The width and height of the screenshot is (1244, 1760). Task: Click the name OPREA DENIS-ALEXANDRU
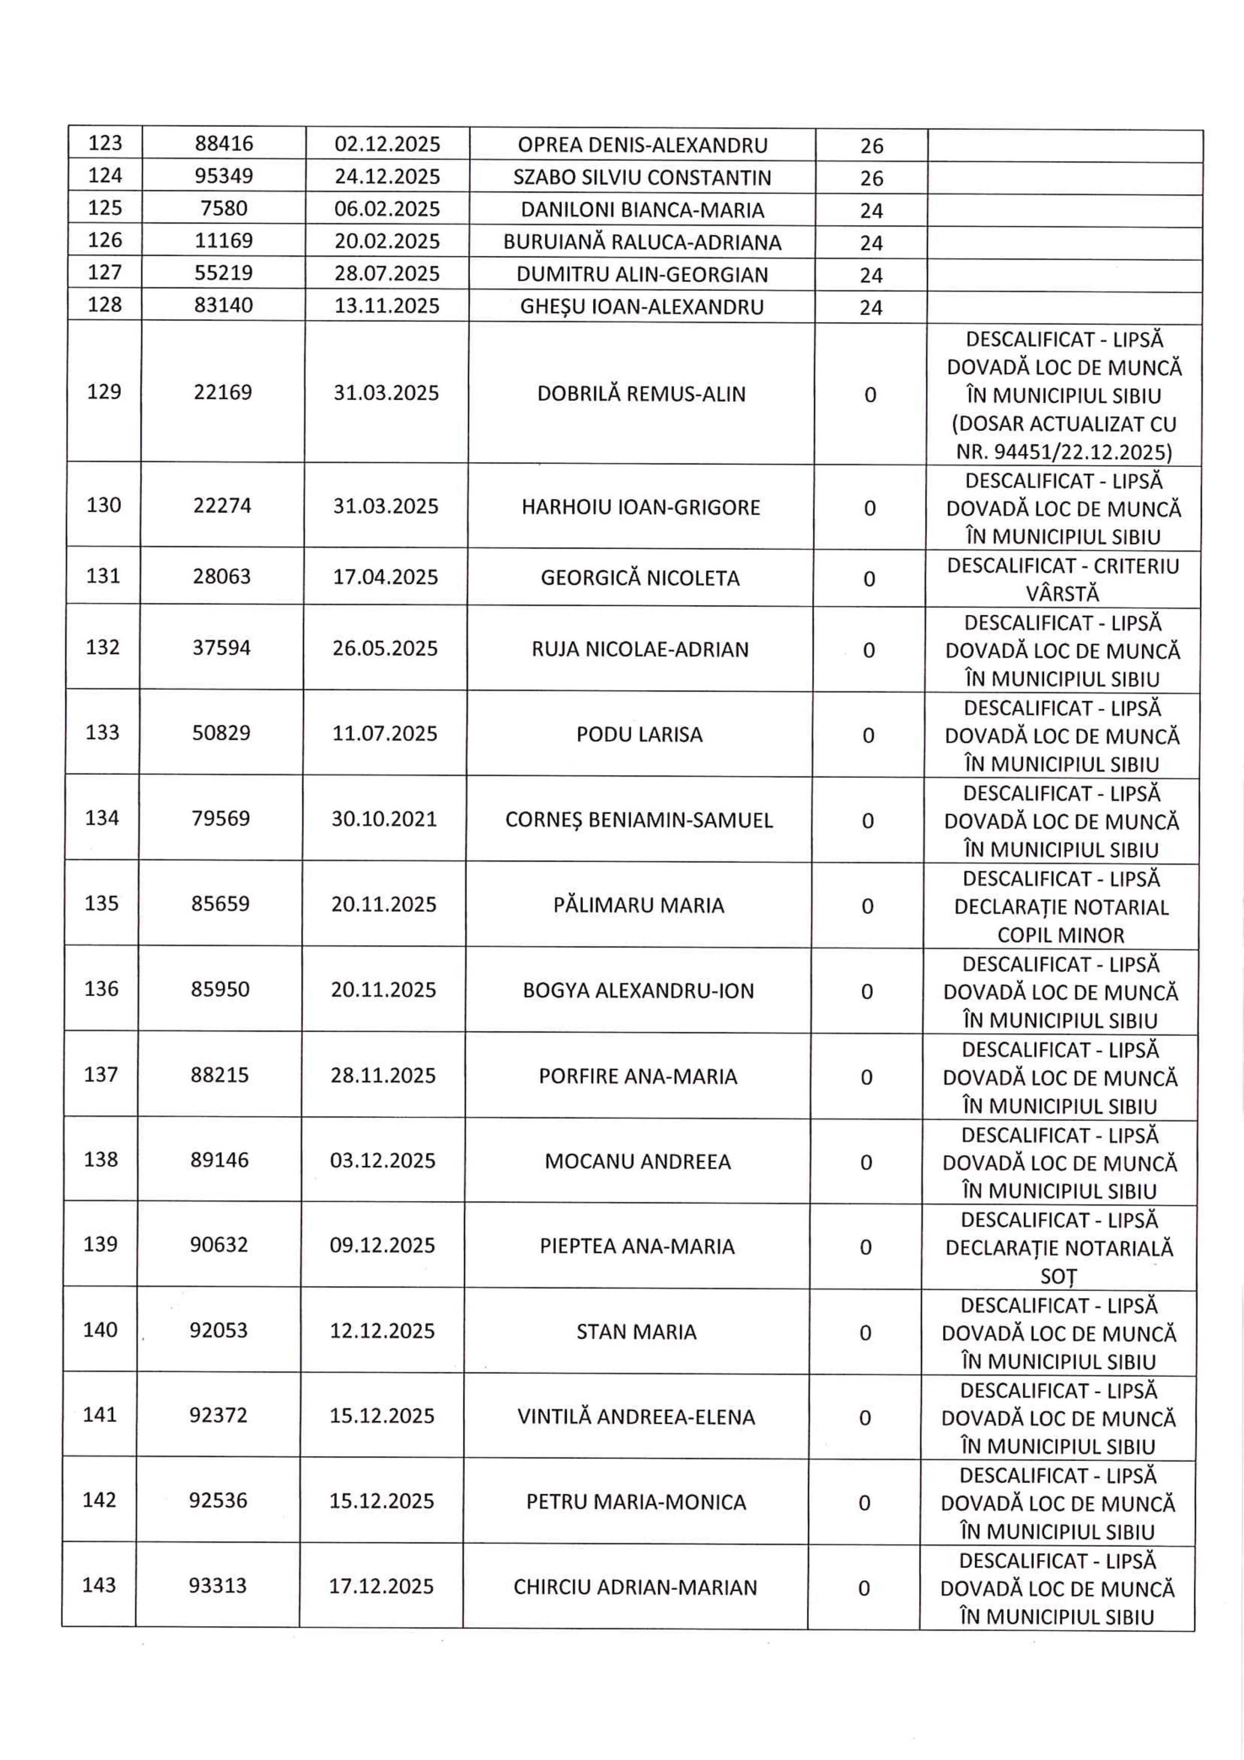point(642,145)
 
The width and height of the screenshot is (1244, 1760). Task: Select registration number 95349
point(224,177)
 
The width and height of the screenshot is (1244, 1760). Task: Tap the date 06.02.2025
point(387,209)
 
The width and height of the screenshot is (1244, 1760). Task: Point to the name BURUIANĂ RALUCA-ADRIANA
point(642,242)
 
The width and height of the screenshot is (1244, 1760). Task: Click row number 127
point(105,273)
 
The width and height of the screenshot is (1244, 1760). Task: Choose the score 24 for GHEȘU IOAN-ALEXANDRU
point(871,307)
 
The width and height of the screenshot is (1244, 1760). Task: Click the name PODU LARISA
point(639,734)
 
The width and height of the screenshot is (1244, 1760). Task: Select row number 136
point(102,989)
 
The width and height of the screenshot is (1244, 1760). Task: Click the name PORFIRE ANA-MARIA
point(638,1076)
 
